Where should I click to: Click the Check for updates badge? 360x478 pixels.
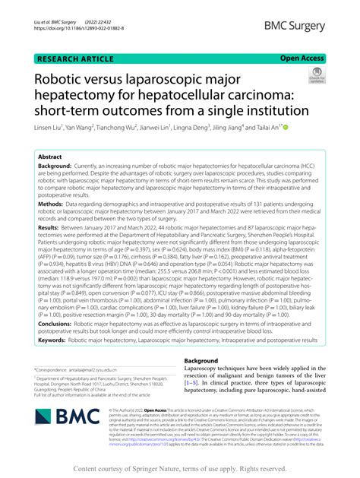tap(314, 76)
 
